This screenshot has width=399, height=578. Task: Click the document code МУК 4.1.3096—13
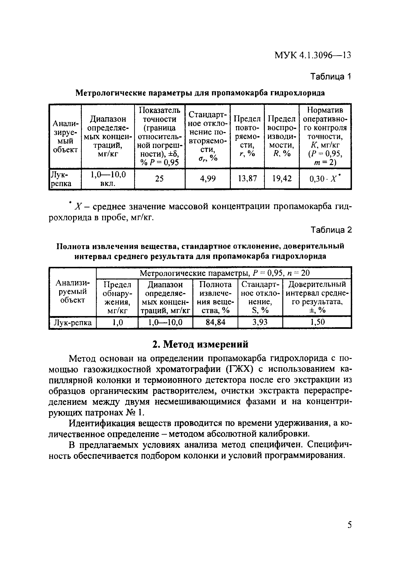click(313, 55)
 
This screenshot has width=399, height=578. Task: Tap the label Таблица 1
click(331, 76)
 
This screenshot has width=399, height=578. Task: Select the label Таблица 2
click(331, 230)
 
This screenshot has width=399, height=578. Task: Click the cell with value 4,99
click(208, 179)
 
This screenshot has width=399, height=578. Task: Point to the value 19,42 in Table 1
click(282, 179)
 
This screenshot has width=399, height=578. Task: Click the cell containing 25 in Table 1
click(159, 179)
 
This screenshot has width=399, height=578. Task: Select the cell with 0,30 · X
click(325, 179)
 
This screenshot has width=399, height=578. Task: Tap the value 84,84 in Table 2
click(215, 322)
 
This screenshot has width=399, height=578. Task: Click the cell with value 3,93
click(260, 322)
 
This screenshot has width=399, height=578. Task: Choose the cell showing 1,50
click(317, 322)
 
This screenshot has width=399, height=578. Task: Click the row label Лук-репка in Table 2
click(73, 323)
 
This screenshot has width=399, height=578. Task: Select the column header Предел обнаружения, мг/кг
click(117, 297)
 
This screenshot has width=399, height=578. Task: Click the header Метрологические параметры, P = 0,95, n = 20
click(224, 273)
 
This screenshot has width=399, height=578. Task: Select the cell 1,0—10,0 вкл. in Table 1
click(108, 179)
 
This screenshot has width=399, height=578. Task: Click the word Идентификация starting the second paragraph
click(102, 423)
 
